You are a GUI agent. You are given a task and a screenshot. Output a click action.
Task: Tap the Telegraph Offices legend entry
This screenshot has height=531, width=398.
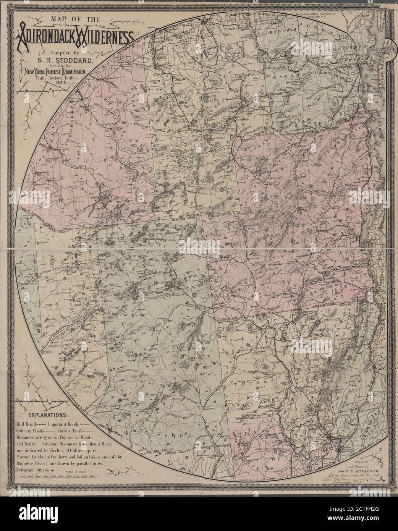33,471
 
